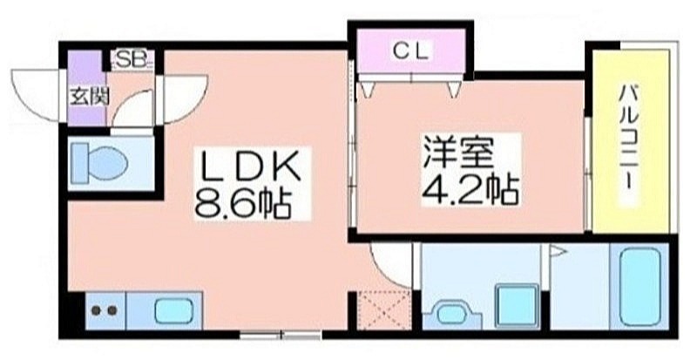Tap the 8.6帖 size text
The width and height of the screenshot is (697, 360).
point(243,204)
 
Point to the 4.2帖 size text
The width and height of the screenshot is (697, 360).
point(470,189)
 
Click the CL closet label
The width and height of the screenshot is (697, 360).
point(411,51)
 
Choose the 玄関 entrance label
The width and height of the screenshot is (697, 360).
point(89,97)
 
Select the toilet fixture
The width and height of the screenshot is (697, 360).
point(99,163)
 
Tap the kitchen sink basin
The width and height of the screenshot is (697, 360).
point(173,310)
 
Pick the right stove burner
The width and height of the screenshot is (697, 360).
point(112,310)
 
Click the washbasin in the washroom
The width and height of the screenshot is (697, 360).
point(452,314)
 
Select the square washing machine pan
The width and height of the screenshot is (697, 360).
point(517,306)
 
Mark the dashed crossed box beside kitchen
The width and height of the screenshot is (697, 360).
point(383,310)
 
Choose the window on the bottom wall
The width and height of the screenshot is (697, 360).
point(281,335)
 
